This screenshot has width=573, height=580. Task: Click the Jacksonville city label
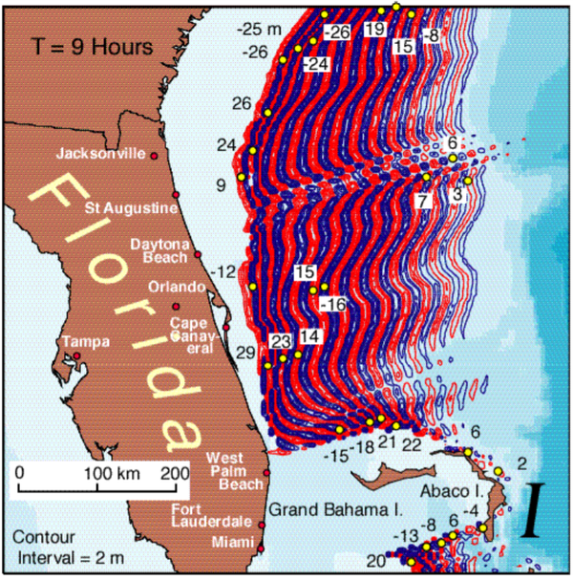100,153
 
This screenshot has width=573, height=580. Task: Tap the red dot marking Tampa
76,356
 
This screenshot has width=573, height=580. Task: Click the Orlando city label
177,287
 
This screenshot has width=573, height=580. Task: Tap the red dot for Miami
261,548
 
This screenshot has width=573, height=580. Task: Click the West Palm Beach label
234,471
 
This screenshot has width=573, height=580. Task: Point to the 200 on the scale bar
175,473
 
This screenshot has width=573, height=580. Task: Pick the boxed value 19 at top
374,31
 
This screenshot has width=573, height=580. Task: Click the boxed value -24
317,64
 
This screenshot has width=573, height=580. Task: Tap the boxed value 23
281,342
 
